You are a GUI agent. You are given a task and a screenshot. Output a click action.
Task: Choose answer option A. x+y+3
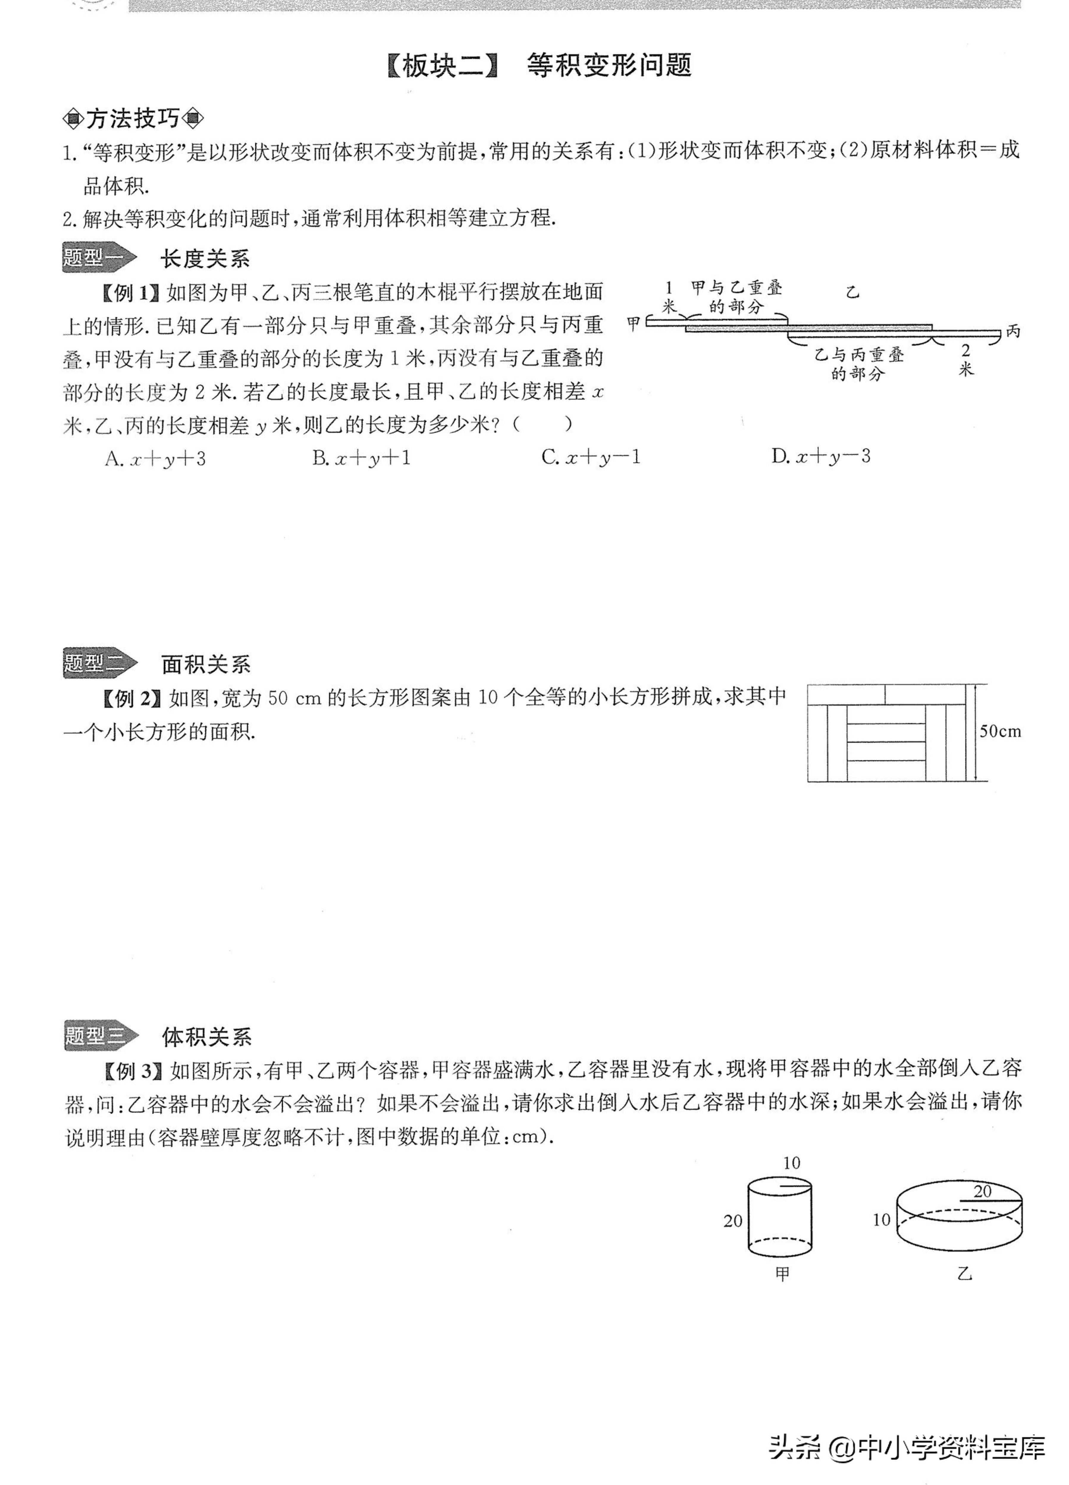point(155,458)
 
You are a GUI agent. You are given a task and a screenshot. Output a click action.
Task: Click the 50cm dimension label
point(1000,731)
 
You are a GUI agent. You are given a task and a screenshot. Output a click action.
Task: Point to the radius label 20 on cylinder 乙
point(982,1192)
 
